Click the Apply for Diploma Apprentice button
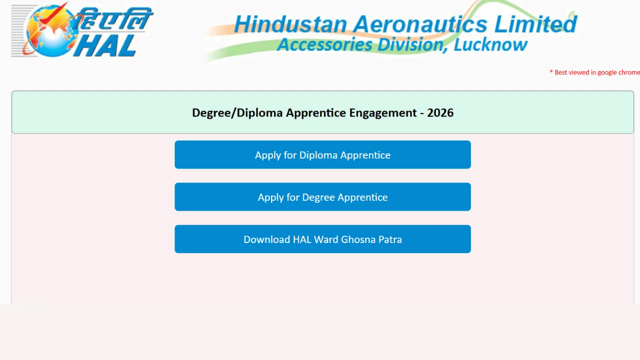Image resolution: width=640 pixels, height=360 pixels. click(322, 154)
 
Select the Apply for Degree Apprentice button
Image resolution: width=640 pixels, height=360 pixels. click(322, 197)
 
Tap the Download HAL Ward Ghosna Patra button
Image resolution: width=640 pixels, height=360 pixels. click(322, 239)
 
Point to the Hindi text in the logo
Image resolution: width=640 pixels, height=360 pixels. click(114, 19)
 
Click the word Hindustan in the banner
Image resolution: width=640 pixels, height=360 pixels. click(290, 24)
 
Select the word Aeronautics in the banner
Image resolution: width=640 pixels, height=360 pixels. click(420, 24)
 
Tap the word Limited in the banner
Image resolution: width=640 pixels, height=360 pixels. click(535, 24)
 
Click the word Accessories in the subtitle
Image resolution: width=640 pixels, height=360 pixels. click(324, 45)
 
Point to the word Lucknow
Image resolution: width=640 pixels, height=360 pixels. click(490, 45)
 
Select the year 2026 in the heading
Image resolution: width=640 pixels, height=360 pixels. click(440, 113)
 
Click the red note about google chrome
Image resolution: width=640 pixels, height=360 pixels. click(594, 72)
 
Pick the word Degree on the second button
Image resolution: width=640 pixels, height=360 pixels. click(318, 197)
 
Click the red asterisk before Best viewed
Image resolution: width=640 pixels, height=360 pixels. click(551, 71)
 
